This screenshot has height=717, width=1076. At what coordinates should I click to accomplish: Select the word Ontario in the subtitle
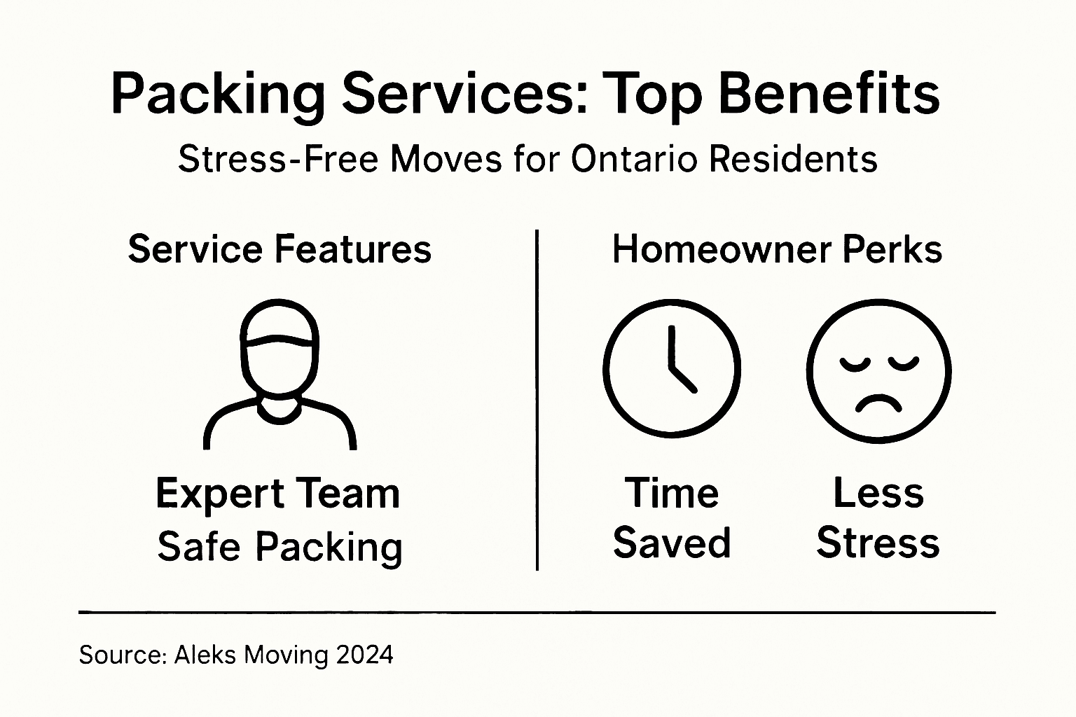(635, 159)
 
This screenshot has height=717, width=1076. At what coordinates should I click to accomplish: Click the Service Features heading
(280, 249)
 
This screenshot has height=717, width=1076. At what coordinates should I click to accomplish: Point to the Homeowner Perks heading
(777, 249)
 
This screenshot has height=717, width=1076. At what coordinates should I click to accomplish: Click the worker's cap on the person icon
(280, 323)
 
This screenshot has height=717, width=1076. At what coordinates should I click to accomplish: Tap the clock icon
(672, 370)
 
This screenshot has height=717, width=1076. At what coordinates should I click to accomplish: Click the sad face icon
(878, 371)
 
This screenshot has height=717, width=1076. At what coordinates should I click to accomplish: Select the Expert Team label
(278, 494)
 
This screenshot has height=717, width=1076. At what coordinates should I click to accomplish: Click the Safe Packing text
(280, 547)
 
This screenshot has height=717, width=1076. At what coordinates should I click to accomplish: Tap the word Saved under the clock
(672, 543)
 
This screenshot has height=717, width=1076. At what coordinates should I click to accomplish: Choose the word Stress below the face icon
(878, 543)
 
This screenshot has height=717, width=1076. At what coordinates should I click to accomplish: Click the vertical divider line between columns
(537, 399)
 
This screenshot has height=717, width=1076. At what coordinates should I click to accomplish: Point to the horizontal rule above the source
(537, 612)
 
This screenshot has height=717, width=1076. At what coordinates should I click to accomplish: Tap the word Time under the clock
(672, 493)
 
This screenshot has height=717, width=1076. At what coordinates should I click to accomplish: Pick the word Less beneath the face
(878, 493)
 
